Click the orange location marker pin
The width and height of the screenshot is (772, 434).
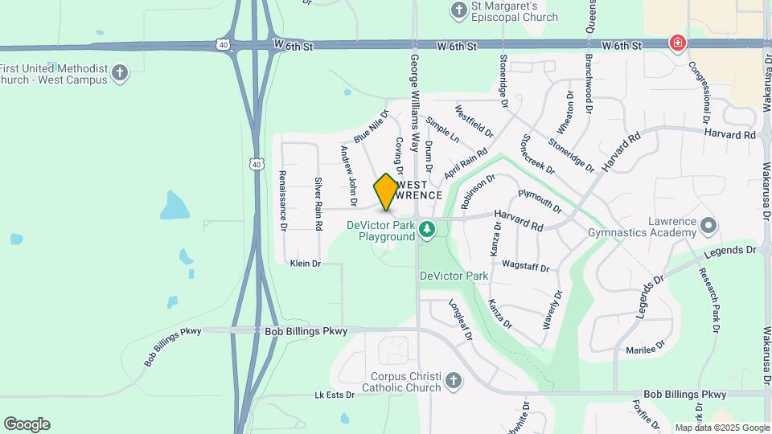click(x=387, y=192)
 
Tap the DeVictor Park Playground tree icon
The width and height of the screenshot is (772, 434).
click(x=427, y=231)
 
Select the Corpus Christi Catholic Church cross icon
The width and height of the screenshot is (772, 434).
click(x=454, y=379)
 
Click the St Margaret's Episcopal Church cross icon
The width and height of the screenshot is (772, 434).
click(x=459, y=10)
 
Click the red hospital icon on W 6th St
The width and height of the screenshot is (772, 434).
click(x=678, y=43)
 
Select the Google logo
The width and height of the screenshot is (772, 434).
click(x=27, y=424)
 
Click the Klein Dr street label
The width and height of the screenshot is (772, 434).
click(x=306, y=264)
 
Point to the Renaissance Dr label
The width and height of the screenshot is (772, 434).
click(x=283, y=200)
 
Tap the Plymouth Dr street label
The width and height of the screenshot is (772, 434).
click(x=540, y=201)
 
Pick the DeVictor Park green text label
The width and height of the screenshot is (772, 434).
click(x=454, y=276)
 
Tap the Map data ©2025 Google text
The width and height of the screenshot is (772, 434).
click(x=721, y=428)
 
